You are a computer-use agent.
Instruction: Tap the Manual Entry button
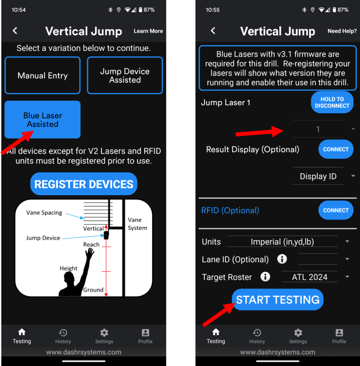[42, 75]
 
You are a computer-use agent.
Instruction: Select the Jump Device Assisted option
[125, 75]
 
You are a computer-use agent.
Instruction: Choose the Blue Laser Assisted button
[42, 120]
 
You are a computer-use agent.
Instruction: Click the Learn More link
[148, 31]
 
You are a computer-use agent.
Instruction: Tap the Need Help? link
[342, 31]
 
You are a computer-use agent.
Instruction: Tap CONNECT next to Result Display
[335, 149]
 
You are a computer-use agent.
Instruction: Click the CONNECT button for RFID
[335, 210]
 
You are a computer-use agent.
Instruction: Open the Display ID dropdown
[323, 177]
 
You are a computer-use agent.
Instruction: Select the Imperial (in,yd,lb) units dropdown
[288, 242]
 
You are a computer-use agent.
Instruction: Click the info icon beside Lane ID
[282, 259]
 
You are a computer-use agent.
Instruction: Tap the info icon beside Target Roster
[265, 277]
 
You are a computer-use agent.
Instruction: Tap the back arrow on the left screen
[15, 31]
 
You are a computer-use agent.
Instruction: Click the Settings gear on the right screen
[298, 336]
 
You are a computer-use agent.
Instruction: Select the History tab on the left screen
[63, 336]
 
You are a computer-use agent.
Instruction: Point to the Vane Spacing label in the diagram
[44, 213]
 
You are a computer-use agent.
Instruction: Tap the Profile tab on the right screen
[339, 336]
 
